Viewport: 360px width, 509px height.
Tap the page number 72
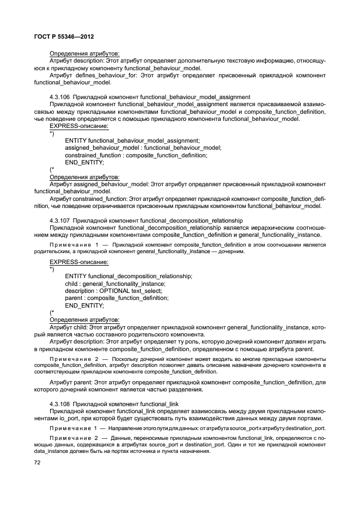[38, 462]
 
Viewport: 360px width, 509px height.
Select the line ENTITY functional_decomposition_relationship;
[129, 277]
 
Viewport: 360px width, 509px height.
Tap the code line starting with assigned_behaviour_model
[143, 148]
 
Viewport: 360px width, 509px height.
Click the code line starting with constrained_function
[136, 155]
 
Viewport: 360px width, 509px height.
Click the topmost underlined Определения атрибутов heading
[84, 53]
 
